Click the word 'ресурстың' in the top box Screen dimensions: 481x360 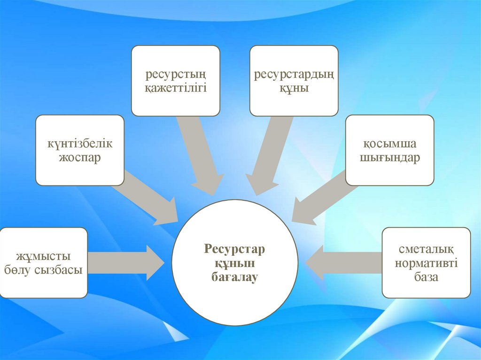[x=176, y=75]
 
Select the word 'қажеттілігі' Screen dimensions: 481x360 [x=176, y=88]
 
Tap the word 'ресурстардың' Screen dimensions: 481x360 [x=294, y=75]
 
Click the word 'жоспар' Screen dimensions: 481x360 [x=80, y=157]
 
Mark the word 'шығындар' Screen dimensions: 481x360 [x=390, y=157]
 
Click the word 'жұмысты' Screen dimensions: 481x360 [x=44, y=256]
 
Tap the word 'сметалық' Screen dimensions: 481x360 [x=426, y=249]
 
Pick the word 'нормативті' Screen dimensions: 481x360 [x=426, y=263]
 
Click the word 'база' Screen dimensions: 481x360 [x=426, y=276]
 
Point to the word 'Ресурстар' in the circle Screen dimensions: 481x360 [x=235, y=249]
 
